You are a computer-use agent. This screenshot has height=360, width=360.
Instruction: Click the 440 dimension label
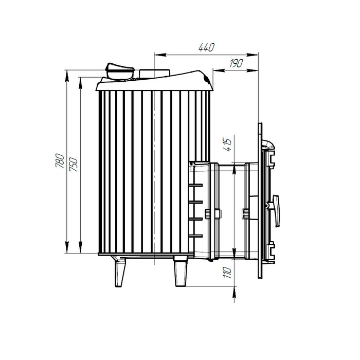[206, 47]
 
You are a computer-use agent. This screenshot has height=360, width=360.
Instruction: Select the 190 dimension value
[236, 63]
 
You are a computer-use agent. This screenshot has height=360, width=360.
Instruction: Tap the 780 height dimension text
[60, 160]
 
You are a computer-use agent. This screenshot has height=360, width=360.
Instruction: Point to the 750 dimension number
[74, 165]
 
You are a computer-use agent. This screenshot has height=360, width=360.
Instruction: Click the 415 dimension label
[227, 145]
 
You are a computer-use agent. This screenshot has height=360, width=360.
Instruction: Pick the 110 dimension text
[227, 273]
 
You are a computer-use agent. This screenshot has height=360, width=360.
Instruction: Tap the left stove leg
[120, 272]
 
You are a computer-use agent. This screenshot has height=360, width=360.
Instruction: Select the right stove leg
[181, 272]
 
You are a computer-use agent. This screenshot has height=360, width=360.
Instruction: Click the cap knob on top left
[120, 71]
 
